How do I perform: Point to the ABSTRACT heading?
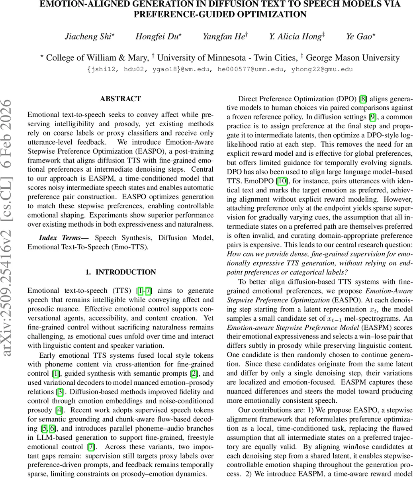click(120, 99)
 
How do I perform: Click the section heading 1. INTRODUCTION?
click(120, 272)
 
